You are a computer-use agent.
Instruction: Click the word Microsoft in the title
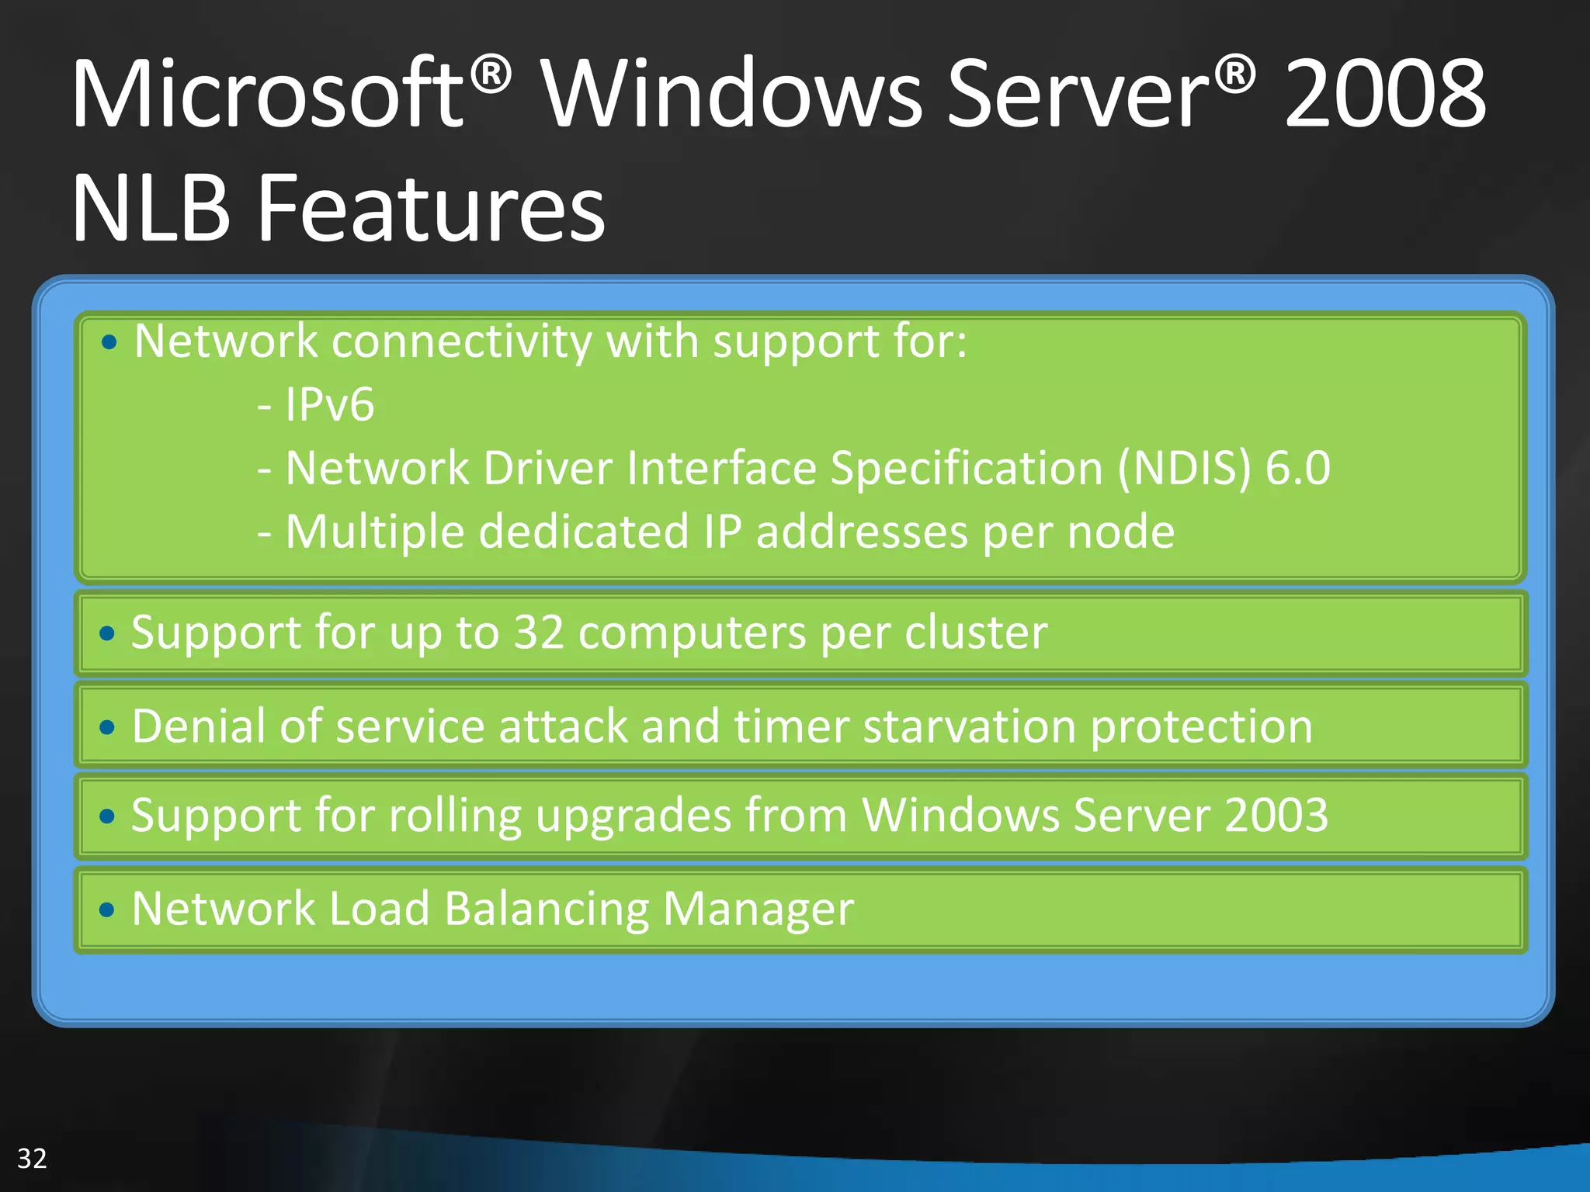(268, 95)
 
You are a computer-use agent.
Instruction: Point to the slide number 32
(32, 1159)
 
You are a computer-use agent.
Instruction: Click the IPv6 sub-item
(329, 405)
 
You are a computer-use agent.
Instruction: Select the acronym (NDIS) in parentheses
(1185, 469)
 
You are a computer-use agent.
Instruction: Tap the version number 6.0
(1298, 469)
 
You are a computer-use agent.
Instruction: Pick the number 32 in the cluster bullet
(539, 632)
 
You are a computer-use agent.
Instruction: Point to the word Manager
(758, 910)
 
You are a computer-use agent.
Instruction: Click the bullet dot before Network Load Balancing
(107, 910)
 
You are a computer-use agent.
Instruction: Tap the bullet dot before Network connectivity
(109, 342)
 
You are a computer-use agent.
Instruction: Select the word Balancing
(547, 910)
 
